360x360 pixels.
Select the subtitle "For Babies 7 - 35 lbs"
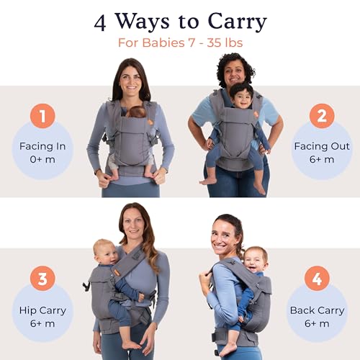179,42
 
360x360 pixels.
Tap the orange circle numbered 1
42,116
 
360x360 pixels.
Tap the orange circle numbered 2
321,116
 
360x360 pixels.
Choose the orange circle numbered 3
42,278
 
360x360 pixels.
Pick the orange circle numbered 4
317,278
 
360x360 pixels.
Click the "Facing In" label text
42,146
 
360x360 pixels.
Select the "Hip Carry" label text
42,310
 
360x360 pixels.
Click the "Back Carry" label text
316,310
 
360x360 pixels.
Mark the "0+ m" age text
42,159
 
